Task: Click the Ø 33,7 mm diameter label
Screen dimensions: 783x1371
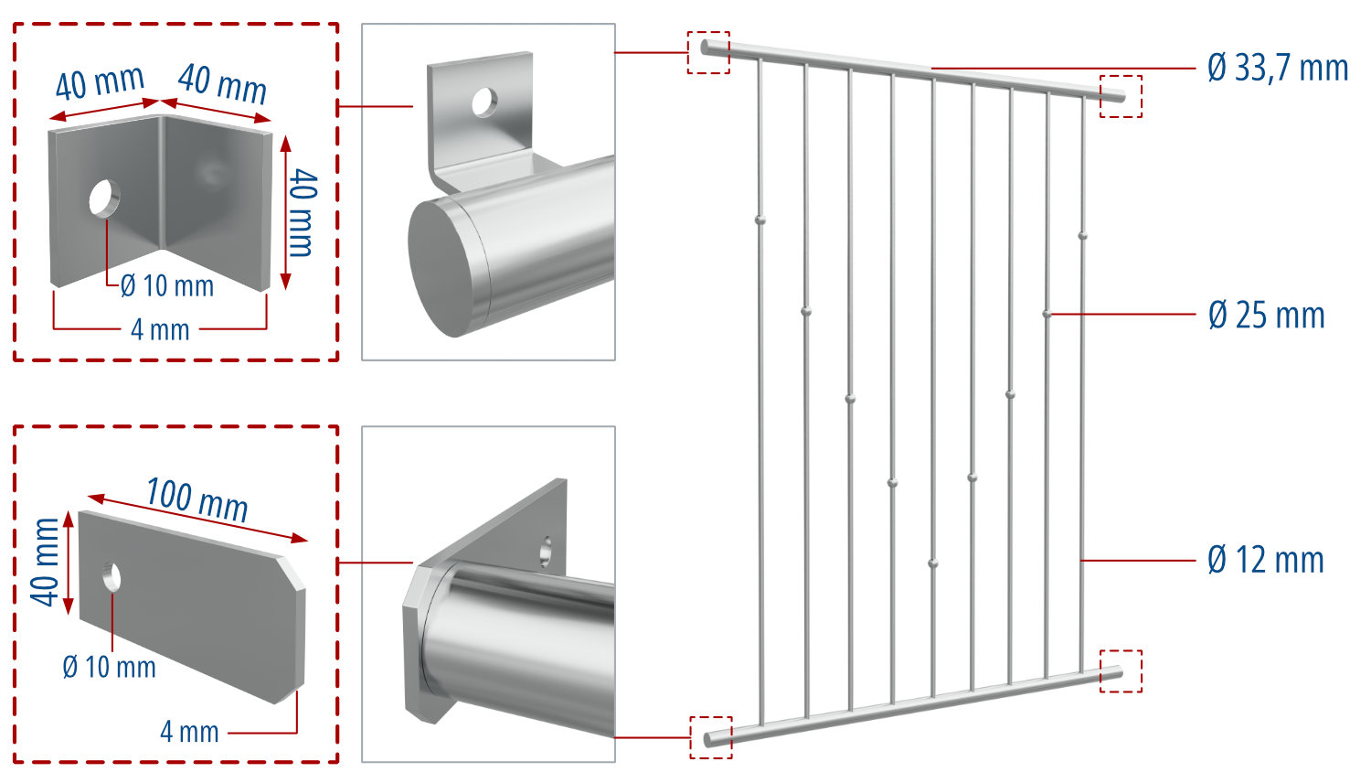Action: (x=1277, y=68)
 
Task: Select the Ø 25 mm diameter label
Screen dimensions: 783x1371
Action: (x=1266, y=315)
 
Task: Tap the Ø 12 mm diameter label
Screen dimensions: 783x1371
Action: (x=1265, y=560)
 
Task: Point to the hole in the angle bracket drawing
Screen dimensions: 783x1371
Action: (x=103, y=198)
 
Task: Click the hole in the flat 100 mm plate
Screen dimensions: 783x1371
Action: (x=112, y=576)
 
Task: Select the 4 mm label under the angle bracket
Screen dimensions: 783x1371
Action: (x=160, y=329)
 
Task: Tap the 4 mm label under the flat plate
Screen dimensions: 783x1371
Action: (x=189, y=732)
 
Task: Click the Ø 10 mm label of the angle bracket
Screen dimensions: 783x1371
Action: (x=167, y=286)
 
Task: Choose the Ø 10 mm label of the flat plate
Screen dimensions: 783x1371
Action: (x=109, y=667)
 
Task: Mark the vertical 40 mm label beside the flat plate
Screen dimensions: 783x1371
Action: (x=47, y=561)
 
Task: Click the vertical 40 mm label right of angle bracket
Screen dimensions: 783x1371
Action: (x=302, y=212)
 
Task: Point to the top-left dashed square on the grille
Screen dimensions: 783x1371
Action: (x=708, y=52)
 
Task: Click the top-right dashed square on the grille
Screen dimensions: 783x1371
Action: (x=1121, y=96)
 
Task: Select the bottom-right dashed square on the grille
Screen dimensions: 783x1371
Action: (x=1121, y=670)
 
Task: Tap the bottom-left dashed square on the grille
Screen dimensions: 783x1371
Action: (x=710, y=737)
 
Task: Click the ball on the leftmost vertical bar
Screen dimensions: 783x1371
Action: (x=760, y=220)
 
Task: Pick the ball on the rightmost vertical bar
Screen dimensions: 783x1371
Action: (x=1082, y=236)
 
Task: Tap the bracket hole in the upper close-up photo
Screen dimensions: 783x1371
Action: (x=483, y=102)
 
